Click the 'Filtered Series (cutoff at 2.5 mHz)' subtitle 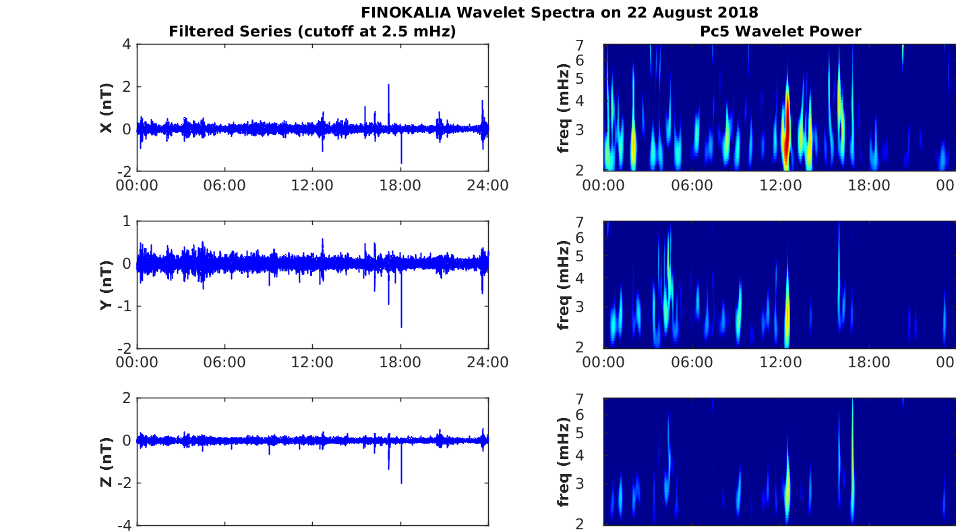(312, 31)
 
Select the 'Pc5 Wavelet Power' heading (780, 31)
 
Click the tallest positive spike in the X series (388, 86)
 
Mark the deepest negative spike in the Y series (401, 326)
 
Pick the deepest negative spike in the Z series (401, 482)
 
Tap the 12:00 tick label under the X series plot (312, 185)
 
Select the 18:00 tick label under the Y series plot (400, 363)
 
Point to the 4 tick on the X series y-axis (127, 45)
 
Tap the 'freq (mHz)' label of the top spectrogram (564, 107)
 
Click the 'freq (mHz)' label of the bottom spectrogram (564, 462)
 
